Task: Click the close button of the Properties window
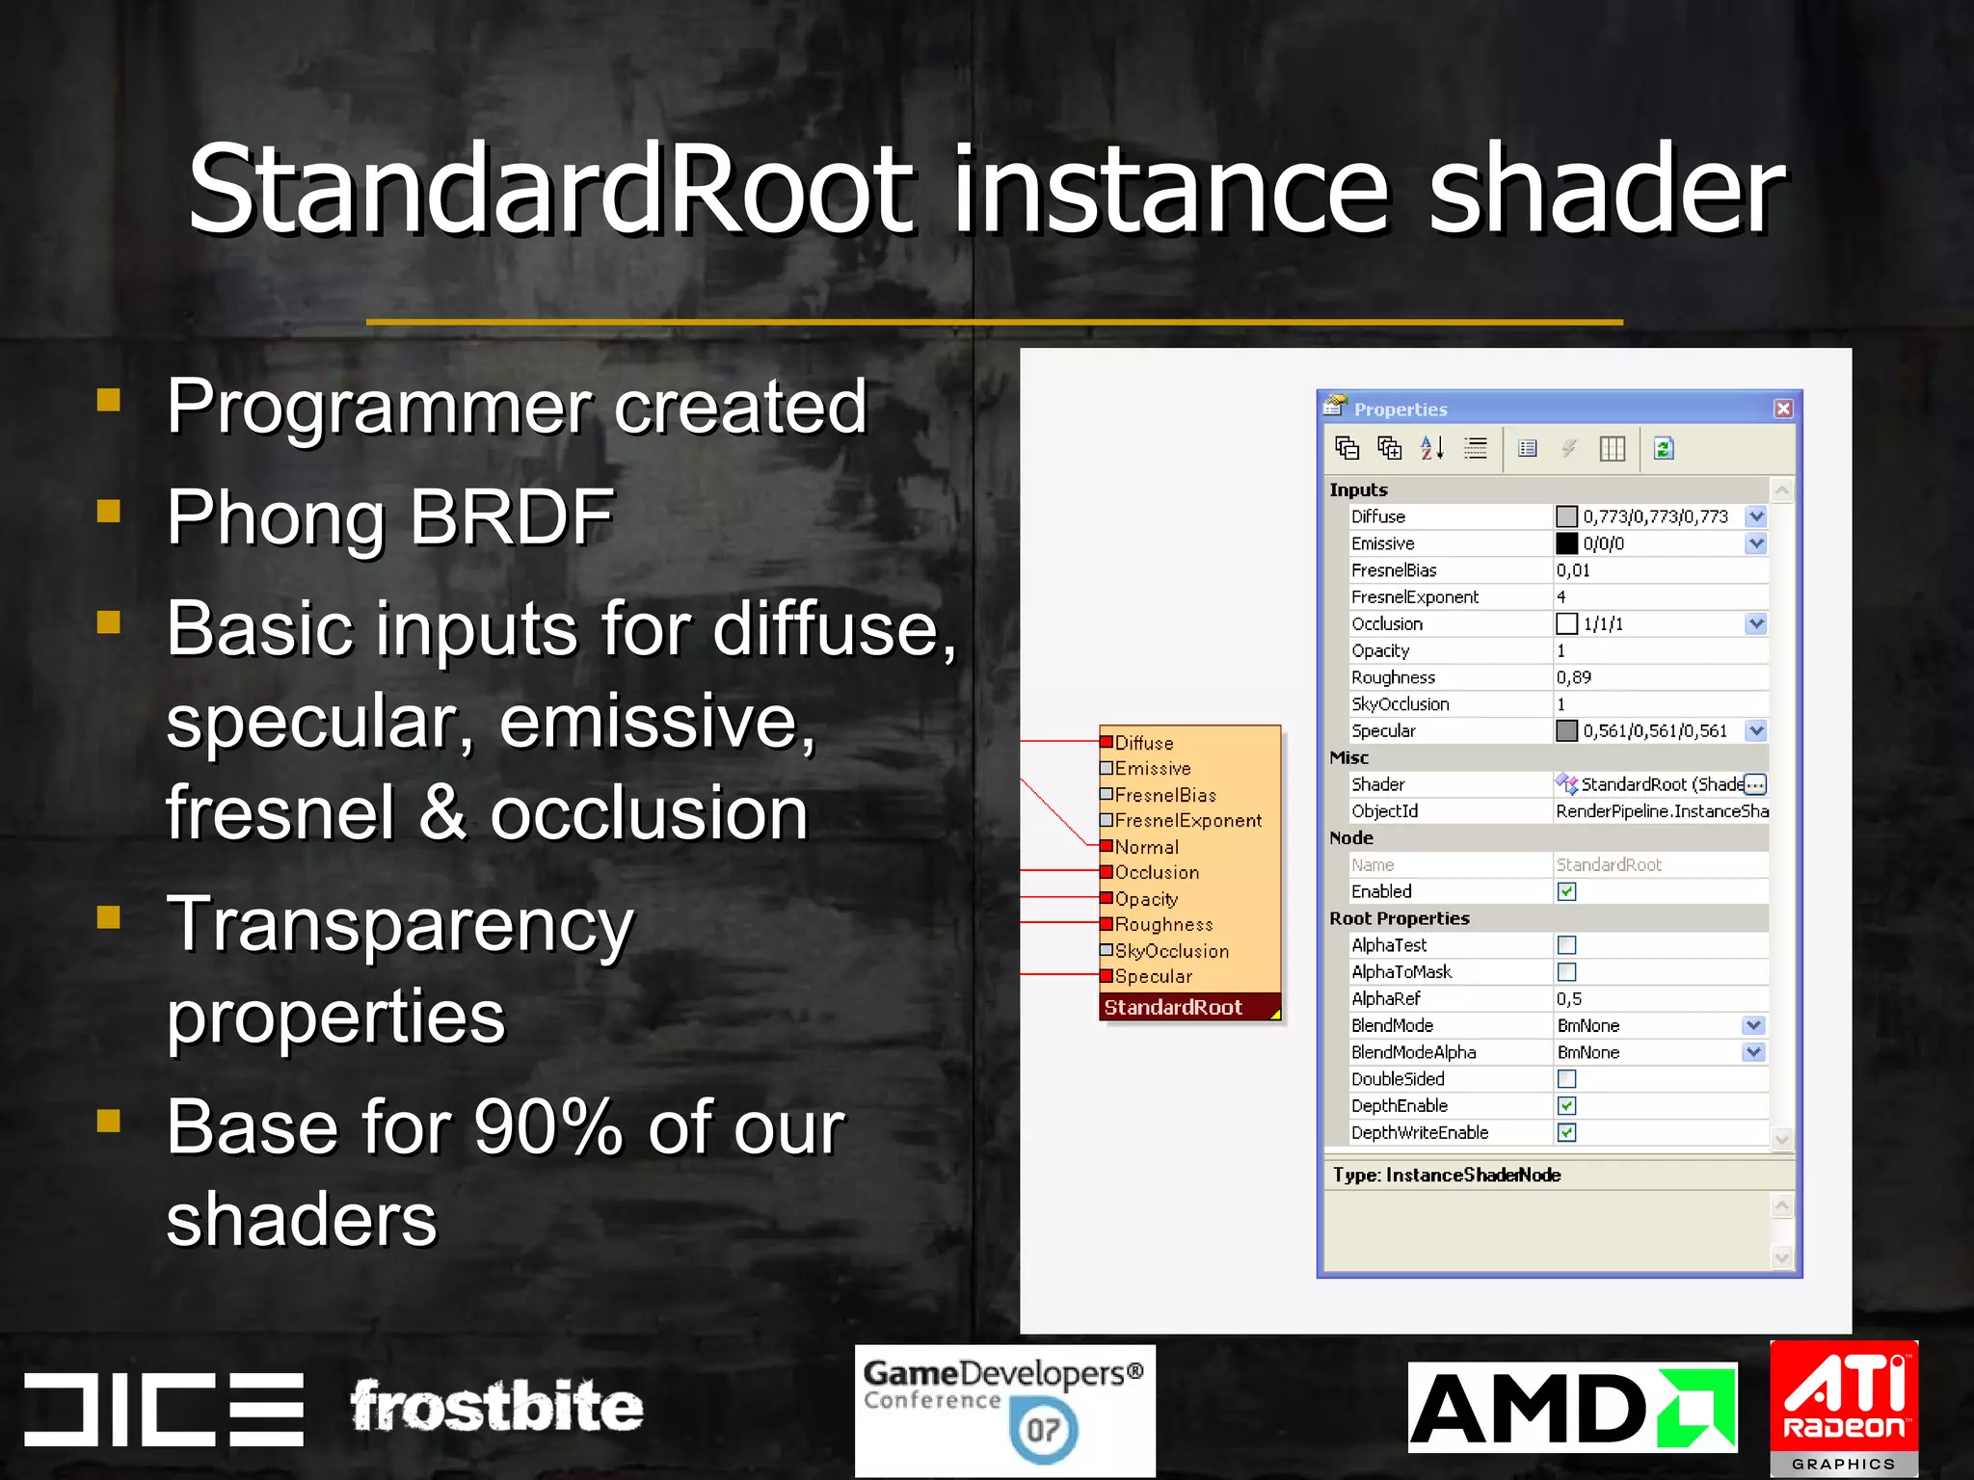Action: click(1783, 409)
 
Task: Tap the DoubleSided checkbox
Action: click(1566, 1079)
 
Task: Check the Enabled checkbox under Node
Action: click(1566, 891)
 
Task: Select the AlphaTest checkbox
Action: click(1566, 945)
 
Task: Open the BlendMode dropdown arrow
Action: click(1753, 1025)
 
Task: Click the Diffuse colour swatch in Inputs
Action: click(1566, 516)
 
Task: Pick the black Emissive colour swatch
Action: click(1566, 543)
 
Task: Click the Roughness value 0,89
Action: click(1574, 677)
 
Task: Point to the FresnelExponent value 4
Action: click(1561, 597)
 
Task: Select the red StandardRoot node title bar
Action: click(1186, 1007)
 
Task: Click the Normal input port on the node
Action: click(1107, 846)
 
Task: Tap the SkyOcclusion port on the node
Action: click(1107, 950)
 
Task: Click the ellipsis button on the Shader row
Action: click(1754, 784)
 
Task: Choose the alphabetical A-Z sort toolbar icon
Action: click(1432, 448)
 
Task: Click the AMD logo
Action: click(1571, 1408)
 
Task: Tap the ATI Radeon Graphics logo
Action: click(1844, 1407)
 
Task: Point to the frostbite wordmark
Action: click(496, 1407)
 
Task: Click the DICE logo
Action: click(164, 1409)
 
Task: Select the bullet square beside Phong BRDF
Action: click(109, 510)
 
